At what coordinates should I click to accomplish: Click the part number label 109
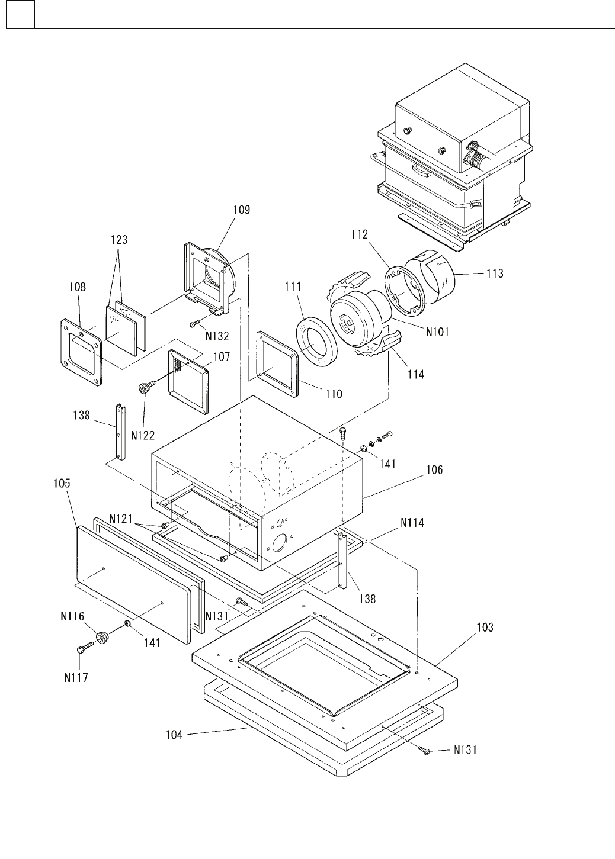pyautogui.click(x=242, y=210)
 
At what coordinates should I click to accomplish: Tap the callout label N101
pyautogui.click(x=437, y=332)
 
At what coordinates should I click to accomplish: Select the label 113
pyautogui.click(x=495, y=274)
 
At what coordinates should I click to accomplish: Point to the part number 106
pyautogui.click(x=434, y=470)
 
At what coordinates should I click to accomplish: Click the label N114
pyautogui.click(x=412, y=523)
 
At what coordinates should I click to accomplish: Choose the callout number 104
pyautogui.click(x=174, y=735)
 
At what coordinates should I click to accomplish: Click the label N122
pyautogui.click(x=143, y=435)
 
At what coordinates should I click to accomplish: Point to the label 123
pyautogui.click(x=119, y=240)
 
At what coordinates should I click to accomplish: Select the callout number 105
pyautogui.click(x=62, y=483)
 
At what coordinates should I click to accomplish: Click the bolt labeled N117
pyautogui.click(x=85, y=648)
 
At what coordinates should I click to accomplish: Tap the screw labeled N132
pyautogui.click(x=196, y=323)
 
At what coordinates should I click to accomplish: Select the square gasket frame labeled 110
pyautogui.click(x=277, y=364)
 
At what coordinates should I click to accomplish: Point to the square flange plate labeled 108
pyautogui.click(x=81, y=352)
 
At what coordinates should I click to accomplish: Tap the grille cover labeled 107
pyautogui.click(x=188, y=382)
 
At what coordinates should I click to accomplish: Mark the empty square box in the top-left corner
pyautogui.click(x=20, y=14)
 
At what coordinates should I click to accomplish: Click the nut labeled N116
pyautogui.click(x=102, y=637)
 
